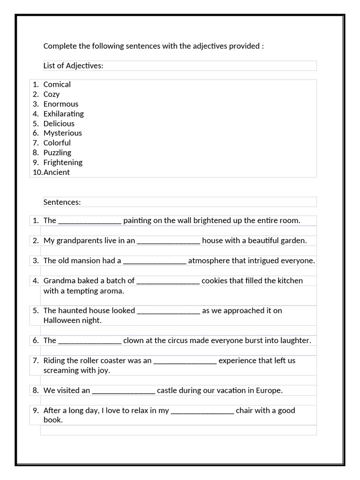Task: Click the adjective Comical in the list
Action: click(x=57, y=84)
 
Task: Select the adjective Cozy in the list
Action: click(x=52, y=94)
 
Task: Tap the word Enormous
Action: click(x=61, y=104)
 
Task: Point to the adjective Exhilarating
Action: click(x=64, y=114)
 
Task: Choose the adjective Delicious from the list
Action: click(x=59, y=124)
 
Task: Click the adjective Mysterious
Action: click(x=63, y=133)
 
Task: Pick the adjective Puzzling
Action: click(x=57, y=153)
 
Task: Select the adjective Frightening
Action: click(x=63, y=163)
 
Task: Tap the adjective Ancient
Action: click(x=57, y=172)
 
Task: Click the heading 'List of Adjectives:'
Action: click(x=73, y=66)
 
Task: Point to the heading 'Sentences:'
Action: click(x=62, y=202)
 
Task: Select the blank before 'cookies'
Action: click(x=168, y=281)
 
